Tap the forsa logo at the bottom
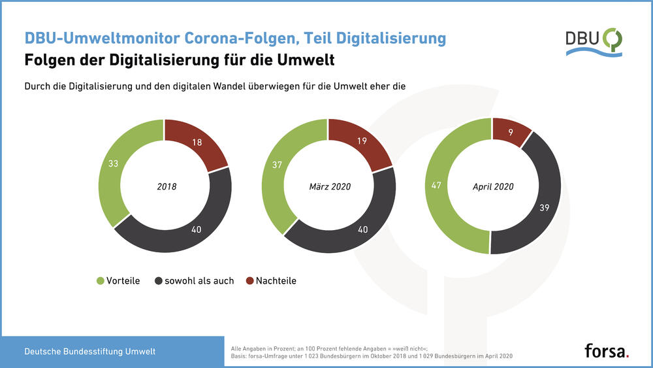click(x=607, y=350)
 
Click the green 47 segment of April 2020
click(x=437, y=186)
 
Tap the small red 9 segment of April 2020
click(x=511, y=132)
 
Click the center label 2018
click(x=167, y=187)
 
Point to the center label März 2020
click(x=330, y=187)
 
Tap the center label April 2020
click(x=493, y=187)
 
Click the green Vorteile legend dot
click(x=100, y=281)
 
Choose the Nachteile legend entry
click(x=274, y=281)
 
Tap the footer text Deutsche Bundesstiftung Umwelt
click(x=90, y=352)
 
